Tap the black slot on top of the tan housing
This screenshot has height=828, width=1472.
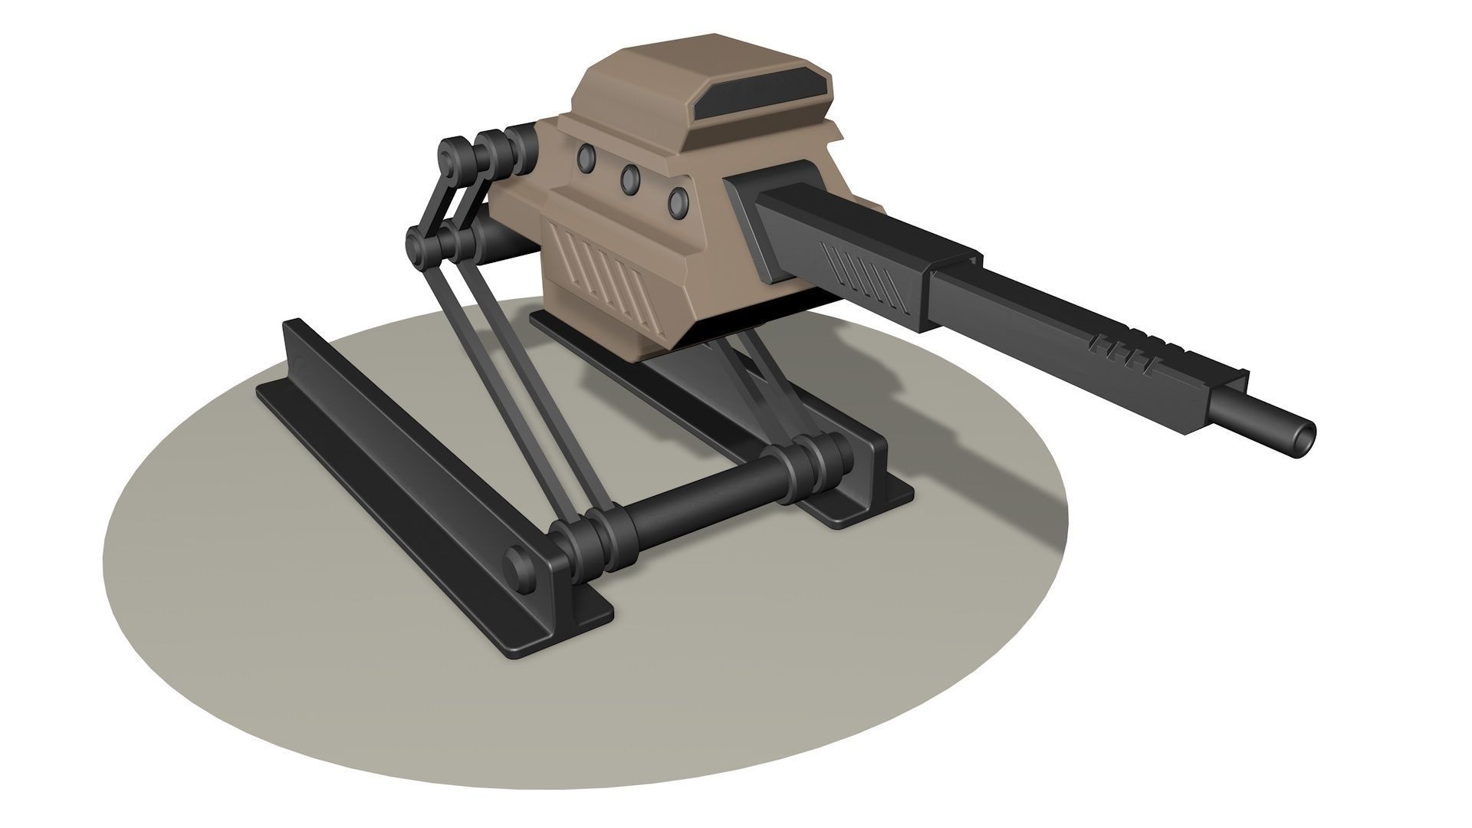pos(762,91)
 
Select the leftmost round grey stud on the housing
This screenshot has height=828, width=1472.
pos(587,156)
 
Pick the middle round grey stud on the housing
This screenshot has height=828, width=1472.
pos(631,178)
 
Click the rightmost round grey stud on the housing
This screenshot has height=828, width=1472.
pos(678,202)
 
